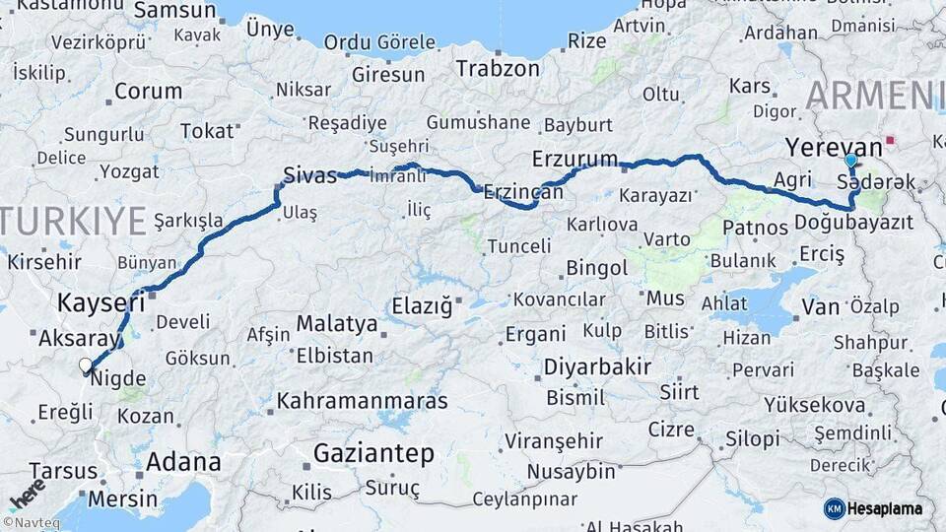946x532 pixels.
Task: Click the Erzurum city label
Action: (x=574, y=159)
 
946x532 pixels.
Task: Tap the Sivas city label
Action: (x=309, y=174)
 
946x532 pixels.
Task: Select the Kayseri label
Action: (x=101, y=301)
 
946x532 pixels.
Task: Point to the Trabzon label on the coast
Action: (x=497, y=68)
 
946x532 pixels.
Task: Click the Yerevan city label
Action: (x=833, y=147)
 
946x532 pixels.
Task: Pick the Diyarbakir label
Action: (x=597, y=367)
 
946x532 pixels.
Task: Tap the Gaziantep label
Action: (x=373, y=453)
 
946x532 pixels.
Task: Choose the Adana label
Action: (x=183, y=461)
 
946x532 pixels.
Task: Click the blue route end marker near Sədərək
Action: (x=850, y=160)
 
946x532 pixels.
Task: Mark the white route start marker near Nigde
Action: (x=85, y=366)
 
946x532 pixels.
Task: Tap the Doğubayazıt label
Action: (x=853, y=222)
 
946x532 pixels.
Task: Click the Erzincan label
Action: (x=522, y=193)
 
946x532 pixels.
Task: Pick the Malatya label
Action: (x=337, y=323)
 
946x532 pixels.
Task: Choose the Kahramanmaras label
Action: (x=362, y=401)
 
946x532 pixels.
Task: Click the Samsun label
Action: (x=174, y=10)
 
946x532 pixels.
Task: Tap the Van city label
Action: (x=820, y=307)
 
